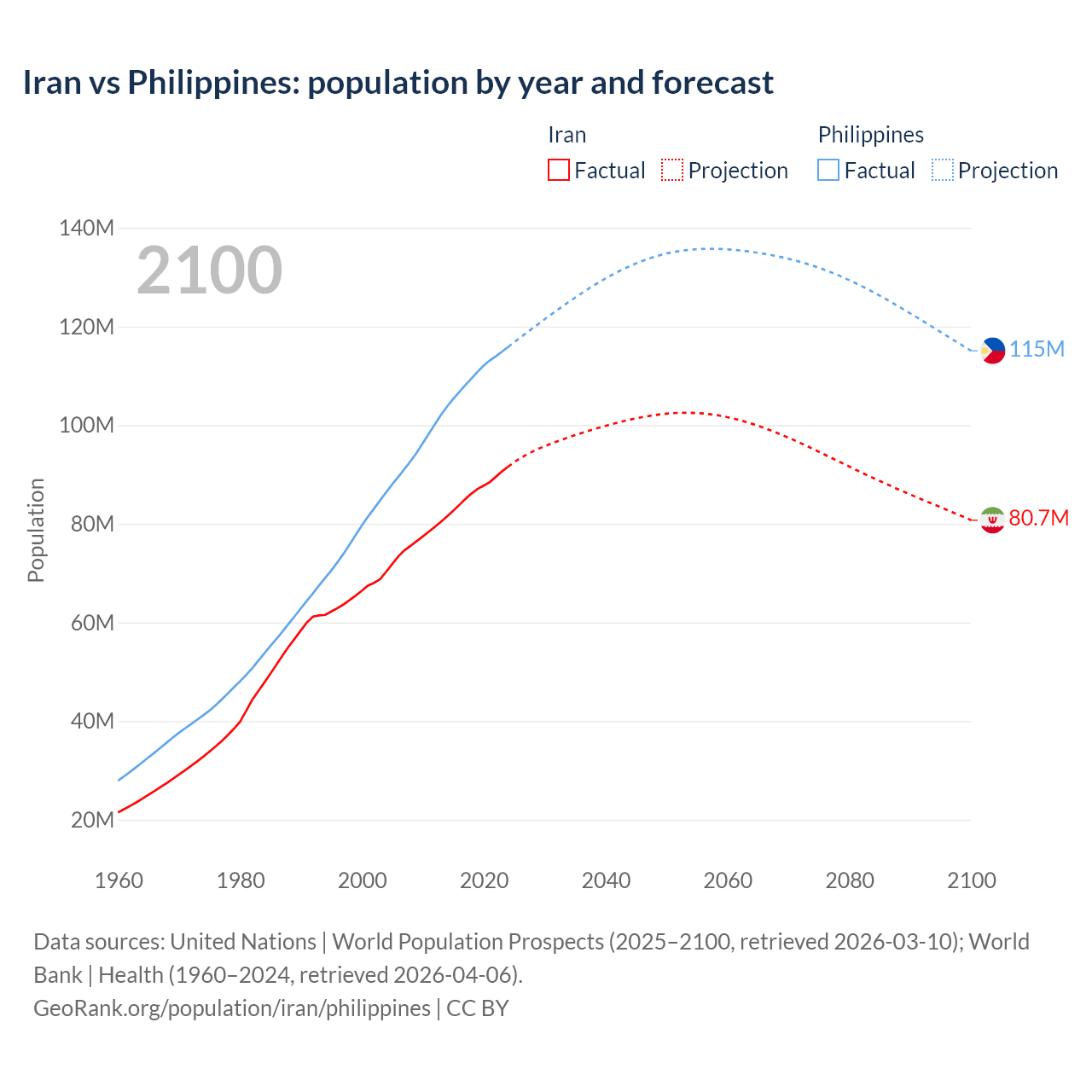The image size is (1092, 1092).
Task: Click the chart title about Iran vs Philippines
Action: tap(398, 83)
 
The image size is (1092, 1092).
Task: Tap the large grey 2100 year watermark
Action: tap(209, 270)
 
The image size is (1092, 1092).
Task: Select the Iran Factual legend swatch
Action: tap(558, 170)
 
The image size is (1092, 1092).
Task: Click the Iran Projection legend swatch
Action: tap(672, 170)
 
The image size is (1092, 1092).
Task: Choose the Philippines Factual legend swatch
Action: tap(828, 170)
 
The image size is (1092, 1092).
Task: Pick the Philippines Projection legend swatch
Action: tap(942, 170)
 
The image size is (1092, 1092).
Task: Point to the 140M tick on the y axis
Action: tap(86, 228)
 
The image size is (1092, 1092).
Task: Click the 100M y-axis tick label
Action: tap(86, 425)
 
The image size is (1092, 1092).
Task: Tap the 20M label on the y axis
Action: tap(91, 820)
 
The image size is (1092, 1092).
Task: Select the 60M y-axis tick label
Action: tap(91, 623)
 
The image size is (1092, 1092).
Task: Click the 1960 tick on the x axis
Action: tap(119, 880)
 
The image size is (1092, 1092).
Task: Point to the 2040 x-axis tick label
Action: tap(606, 880)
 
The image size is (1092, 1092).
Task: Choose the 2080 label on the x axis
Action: tap(850, 880)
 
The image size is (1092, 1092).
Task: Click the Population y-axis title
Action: tap(36, 530)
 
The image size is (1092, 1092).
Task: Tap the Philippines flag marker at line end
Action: tap(992, 350)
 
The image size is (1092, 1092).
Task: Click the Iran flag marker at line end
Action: tap(992, 520)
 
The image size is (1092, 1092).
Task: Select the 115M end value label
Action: tap(1037, 350)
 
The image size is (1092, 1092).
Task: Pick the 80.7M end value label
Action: tap(1038, 519)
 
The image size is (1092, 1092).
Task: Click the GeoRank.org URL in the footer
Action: tap(232, 1008)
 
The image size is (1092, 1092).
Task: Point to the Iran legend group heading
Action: tap(566, 135)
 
